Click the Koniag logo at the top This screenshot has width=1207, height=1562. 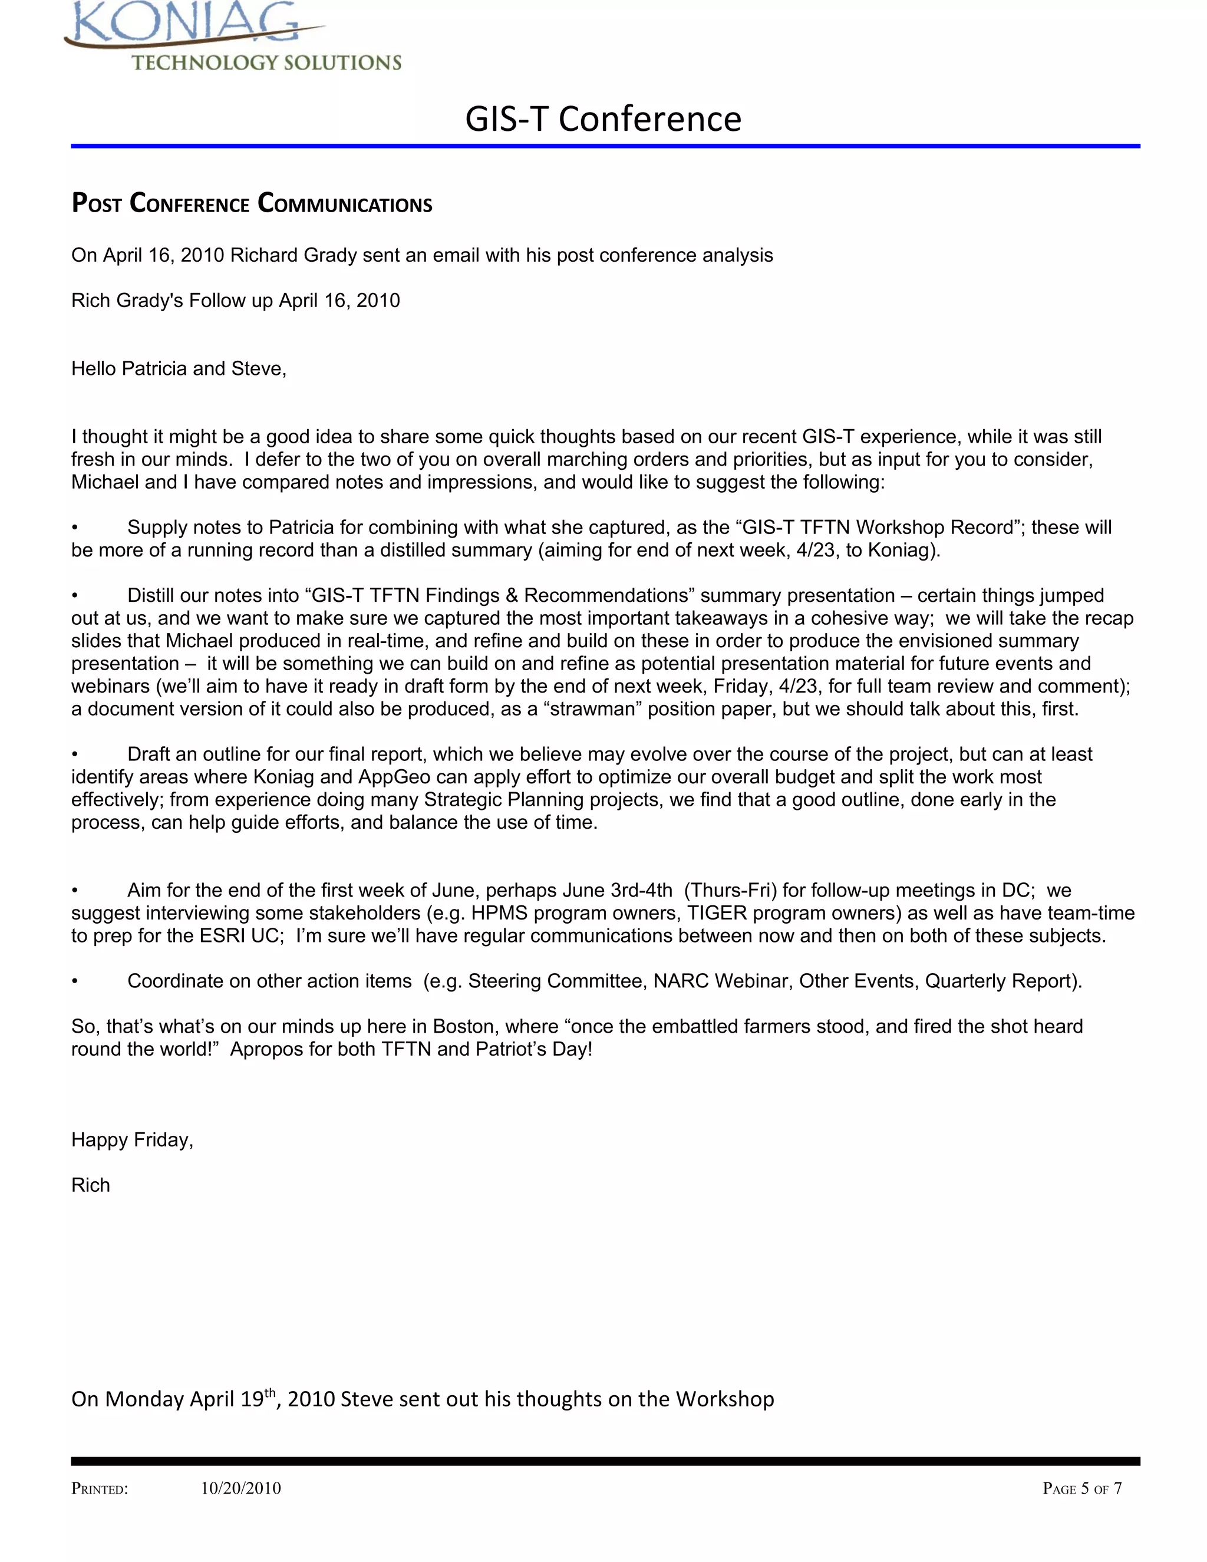232,36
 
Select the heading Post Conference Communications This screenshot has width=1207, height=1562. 252,204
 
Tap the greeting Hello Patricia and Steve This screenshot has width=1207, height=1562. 179,368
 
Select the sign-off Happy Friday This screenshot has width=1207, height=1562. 132,1139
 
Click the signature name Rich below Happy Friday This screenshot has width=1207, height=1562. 91,1185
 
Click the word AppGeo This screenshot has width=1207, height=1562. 395,777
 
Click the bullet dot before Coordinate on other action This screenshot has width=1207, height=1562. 74,982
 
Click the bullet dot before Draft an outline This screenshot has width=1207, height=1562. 74,755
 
